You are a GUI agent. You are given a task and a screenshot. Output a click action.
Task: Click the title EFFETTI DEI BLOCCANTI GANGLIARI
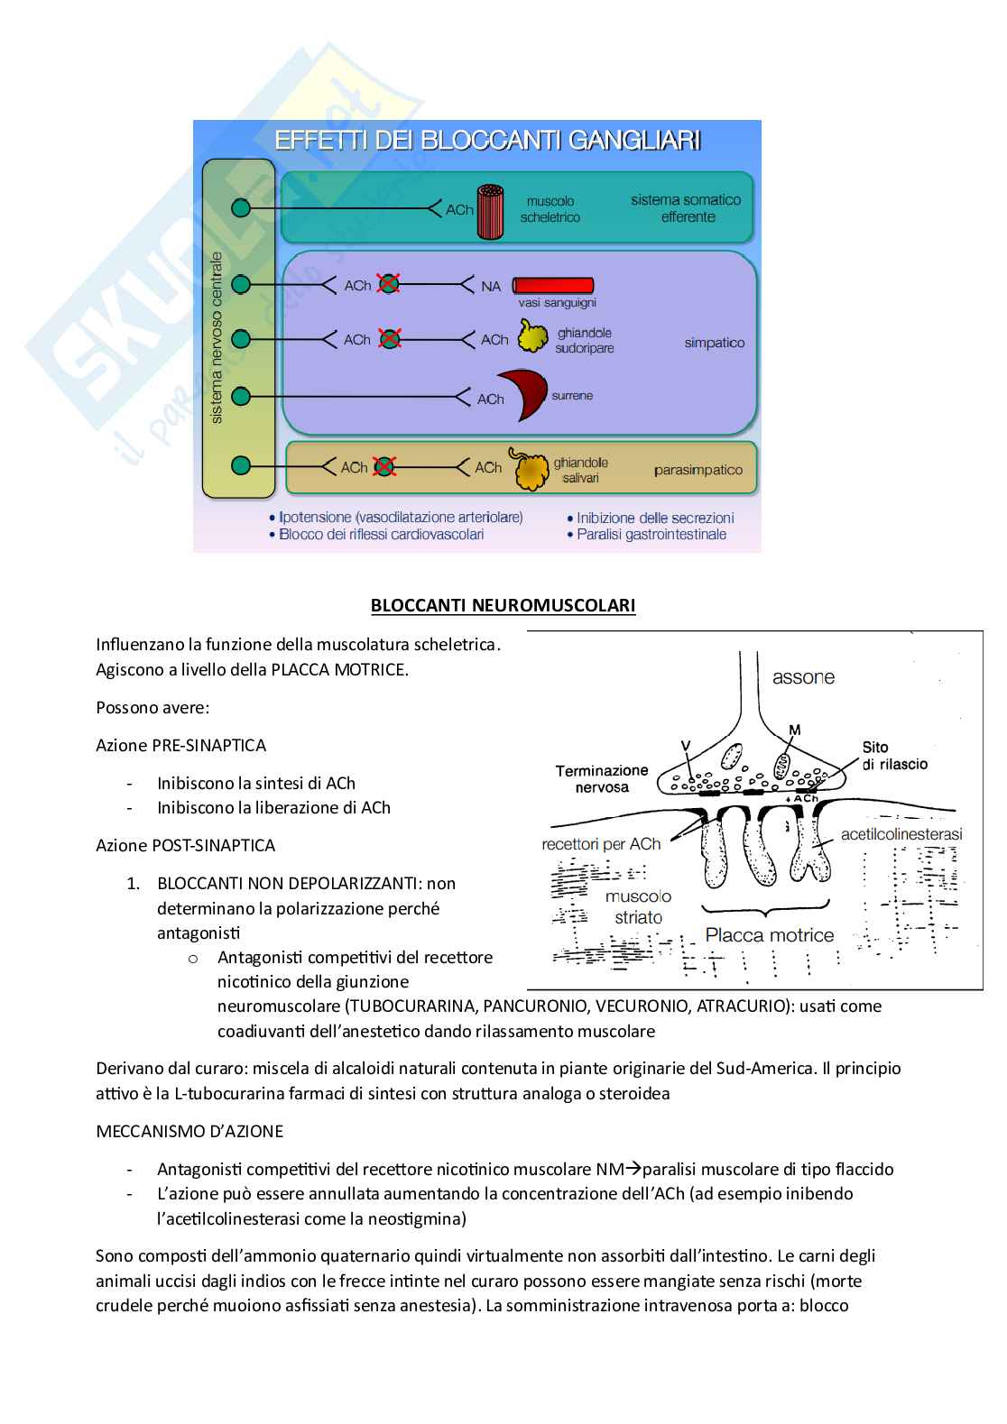[x=487, y=141]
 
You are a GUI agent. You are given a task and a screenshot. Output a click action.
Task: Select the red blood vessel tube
[x=553, y=286]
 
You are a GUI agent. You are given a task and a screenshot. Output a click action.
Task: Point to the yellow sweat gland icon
[x=533, y=336]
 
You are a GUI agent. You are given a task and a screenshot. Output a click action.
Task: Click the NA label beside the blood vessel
[x=491, y=287]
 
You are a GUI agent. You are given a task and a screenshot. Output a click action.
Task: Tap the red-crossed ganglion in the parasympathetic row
[x=385, y=466]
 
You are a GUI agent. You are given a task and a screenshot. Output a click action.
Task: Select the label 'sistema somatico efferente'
[x=686, y=208]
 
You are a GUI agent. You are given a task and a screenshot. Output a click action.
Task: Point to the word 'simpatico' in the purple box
[x=715, y=343]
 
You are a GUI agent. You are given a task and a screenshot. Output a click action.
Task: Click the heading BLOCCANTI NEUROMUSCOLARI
[x=503, y=605]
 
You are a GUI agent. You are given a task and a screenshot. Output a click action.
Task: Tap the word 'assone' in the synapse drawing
[x=803, y=677]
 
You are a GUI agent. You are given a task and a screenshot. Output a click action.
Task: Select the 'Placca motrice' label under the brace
[x=769, y=935]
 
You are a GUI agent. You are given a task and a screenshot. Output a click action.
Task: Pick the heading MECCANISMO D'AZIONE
[x=189, y=1131]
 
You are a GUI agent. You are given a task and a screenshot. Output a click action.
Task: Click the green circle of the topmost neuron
[x=241, y=208]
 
